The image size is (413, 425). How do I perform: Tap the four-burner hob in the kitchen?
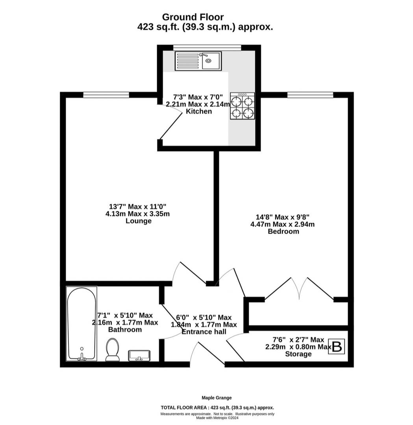[x=243, y=106]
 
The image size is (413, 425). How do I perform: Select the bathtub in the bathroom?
[x=81, y=324]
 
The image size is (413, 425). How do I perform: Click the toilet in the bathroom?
[x=113, y=350]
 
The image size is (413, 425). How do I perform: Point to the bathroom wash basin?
[x=139, y=356]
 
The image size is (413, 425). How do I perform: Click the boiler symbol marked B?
[x=337, y=346]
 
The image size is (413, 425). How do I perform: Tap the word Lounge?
[x=139, y=221]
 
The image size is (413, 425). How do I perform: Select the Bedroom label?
[x=283, y=231]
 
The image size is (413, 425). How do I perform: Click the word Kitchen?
[x=199, y=111]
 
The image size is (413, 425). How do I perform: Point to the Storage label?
[x=298, y=354]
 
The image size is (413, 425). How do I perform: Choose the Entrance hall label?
[x=204, y=332]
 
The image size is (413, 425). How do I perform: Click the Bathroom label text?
[x=125, y=330]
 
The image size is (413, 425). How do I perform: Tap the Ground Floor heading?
[x=193, y=17]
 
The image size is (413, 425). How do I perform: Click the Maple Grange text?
[x=217, y=398]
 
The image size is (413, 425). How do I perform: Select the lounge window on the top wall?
[x=106, y=95]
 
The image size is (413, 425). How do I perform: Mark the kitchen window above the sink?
[x=207, y=48]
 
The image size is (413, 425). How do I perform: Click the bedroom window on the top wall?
[x=310, y=95]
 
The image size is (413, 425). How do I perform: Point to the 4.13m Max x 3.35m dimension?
[x=138, y=214]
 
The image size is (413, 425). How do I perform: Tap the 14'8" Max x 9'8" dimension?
[x=283, y=217]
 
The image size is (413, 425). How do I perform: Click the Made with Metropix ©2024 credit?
[x=217, y=418]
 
